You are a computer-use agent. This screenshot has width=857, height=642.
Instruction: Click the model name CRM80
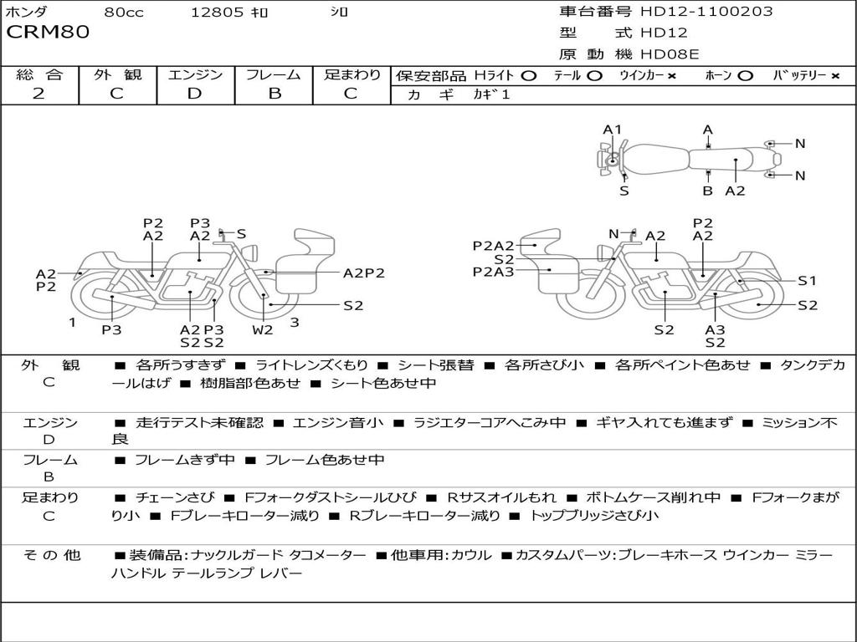tap(48, 33)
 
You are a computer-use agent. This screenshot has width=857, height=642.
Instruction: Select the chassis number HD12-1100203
tap(706, 12)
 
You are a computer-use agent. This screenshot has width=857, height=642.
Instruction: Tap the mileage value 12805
tap(217, 13)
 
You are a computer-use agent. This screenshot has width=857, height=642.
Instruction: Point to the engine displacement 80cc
tap(122, 13)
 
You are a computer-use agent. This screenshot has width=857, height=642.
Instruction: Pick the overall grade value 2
tap(38, 94)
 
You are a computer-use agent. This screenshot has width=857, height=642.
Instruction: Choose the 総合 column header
tap(38, 75)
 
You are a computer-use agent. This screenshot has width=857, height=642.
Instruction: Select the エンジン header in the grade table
tap(195, 75)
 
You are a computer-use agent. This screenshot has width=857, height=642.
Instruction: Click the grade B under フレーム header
tap(274, 94)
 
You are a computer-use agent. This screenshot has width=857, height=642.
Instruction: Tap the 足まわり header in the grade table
tap(352, 75)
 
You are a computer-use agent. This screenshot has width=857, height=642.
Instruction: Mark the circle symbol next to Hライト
tap(528, 76)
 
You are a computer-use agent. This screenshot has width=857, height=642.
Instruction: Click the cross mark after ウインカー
tap(671, 76)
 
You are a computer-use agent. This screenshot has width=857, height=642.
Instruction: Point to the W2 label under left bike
tap(264, 329)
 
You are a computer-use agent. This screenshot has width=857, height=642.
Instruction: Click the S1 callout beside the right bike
tap(806, 281)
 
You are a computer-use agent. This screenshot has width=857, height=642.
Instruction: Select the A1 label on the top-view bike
tap(613, 130)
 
